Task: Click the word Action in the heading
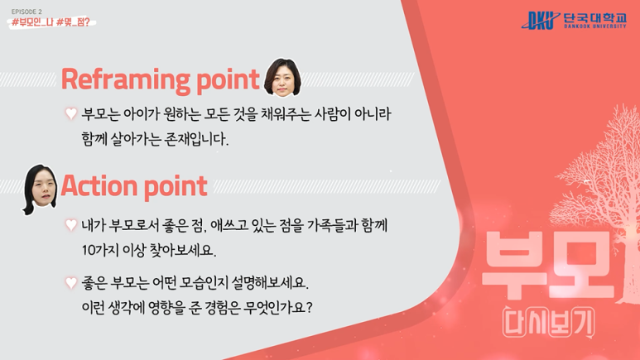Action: click(99, 186)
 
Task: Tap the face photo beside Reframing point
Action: click(282, 78)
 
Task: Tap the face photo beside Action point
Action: click(40, 189)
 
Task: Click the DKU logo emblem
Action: click(541, 20)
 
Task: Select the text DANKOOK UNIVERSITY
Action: click(595, 26)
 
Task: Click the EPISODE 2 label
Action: click(26, 12)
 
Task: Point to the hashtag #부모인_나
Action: click(32, 22)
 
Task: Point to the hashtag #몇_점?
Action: click(73, 22)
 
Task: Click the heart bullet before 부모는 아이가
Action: click(71, 113)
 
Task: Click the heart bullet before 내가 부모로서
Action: click(71, 224)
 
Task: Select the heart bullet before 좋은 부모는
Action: click(71, 282)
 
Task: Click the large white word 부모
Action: click(549, 265)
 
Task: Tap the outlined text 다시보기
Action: click(549, 323)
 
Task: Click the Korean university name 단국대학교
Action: click(594, 17)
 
